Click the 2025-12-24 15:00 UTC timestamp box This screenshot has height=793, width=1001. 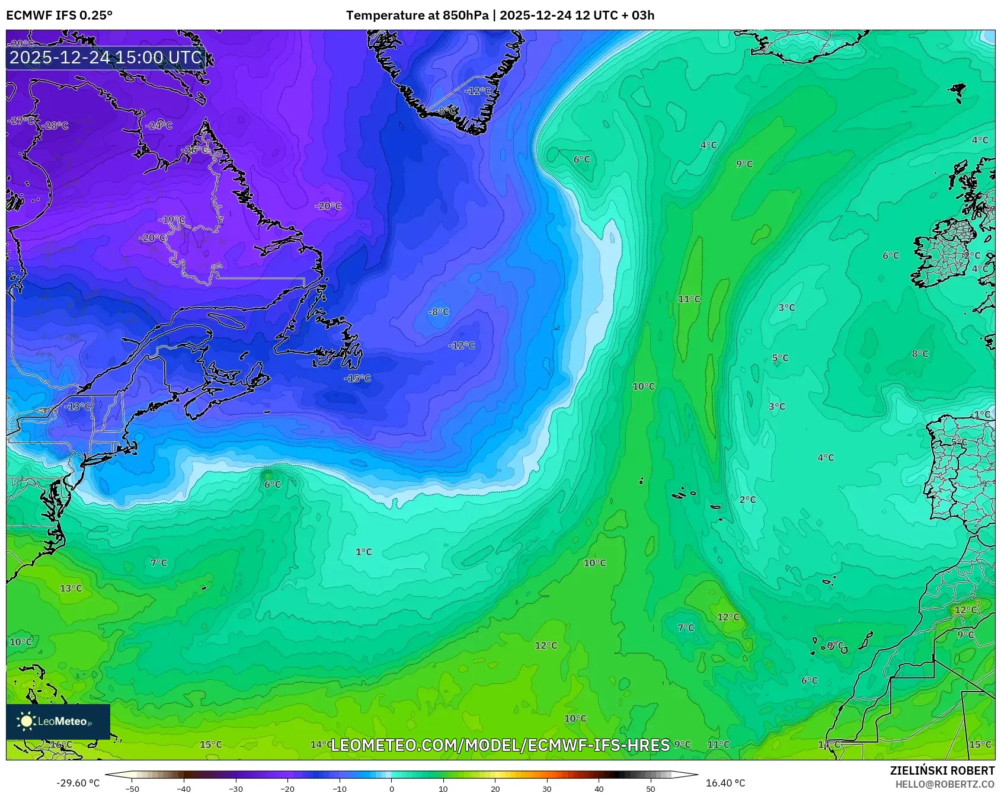tap(105, 58)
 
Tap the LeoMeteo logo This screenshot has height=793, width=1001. tap(57, 721)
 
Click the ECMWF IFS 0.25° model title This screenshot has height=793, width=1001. tap(59, 15)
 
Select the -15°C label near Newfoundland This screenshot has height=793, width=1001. tap(357, 379)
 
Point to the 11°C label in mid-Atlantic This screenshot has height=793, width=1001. tap(689, 299)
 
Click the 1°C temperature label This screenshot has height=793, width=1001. tap(364, 552)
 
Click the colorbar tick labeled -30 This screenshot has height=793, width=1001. tap(236, 789)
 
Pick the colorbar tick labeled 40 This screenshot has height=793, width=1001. tap(599, 789)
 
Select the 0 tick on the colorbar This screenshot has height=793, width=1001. tap(391, 789)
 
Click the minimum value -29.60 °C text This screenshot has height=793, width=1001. tap(78, 784)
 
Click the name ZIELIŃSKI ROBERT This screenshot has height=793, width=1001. tap(942, 771)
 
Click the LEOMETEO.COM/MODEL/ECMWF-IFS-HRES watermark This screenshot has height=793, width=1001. tap(500, 745)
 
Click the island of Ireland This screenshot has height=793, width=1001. tap(944, 255)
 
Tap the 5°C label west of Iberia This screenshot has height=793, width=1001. tap(781, 359)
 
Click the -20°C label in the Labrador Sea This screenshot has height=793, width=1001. tap(328, 206)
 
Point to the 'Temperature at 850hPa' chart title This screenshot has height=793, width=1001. tap(417, 15)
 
